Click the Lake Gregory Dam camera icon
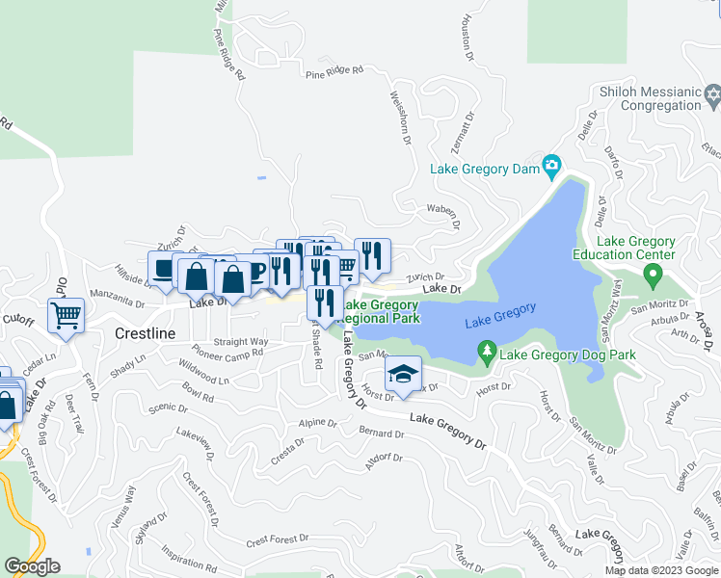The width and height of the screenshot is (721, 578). [552, 168]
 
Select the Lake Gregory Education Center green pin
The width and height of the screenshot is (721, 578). [653, 276]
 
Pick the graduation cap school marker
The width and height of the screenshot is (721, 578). [404, 373]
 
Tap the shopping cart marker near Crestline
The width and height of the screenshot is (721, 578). [66, 314]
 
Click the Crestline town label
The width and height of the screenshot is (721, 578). [146, 333]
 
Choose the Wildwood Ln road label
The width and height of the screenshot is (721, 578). [204, 373]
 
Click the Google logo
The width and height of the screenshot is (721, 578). [32, 566]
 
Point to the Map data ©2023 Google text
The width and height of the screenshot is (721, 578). [661, 570]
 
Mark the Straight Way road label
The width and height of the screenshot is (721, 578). [240, 341]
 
